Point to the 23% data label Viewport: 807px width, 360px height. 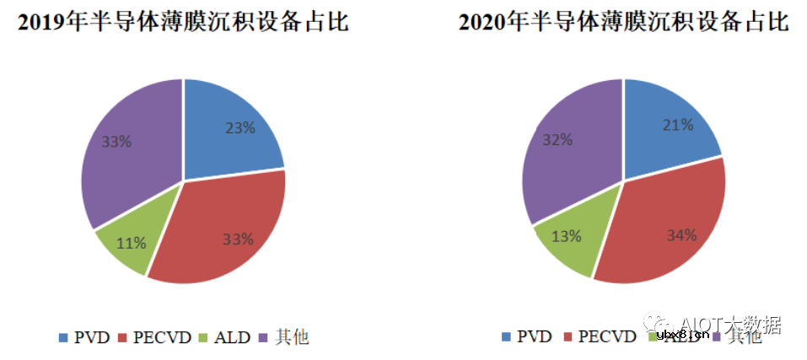tap(240, 129)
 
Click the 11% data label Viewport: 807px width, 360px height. tap(132, 243)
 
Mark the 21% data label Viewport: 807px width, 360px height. tap(677, 125)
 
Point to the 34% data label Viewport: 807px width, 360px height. tap(681, 235)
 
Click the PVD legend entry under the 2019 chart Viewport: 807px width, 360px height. tap(84, 337)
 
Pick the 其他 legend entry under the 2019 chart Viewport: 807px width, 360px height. tap(287, 337)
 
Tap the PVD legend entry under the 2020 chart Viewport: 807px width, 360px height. tap(526, 337)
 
